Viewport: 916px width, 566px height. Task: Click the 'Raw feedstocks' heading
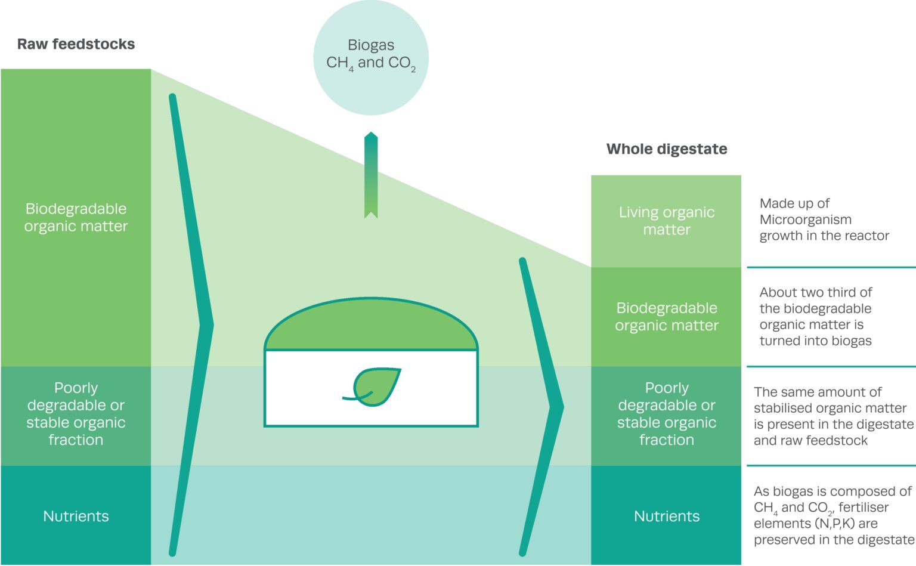pyautogui.click(x=76, y=44)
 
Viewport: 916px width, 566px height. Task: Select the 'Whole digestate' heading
pyautogui.click(x=666, y=149)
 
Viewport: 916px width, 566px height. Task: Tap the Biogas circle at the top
pyautogui.click(x=371, y=57)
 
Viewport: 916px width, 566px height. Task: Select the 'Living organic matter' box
pyautogui.click(x=666, y=221)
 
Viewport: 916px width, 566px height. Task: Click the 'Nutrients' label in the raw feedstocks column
pyautogui.click(x=76, y=516)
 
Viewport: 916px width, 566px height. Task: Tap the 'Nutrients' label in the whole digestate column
pyautogui.click(x=666, y=516)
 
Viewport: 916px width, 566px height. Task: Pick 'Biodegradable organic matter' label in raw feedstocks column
pyautogui.click(x=76, y=217)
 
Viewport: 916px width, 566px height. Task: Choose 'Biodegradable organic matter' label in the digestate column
pyautogui.click(x=666, y=316)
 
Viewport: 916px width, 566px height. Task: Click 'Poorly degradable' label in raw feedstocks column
pyautogui.click(x=76, y=414)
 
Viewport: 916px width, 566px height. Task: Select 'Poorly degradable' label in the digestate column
pyautogui.click(x=666, y=414)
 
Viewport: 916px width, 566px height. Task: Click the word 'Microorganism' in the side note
pyautogui.click(x=805, y=219)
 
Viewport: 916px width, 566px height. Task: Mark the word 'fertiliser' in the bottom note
pyautogui.click(x=864, y=508)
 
